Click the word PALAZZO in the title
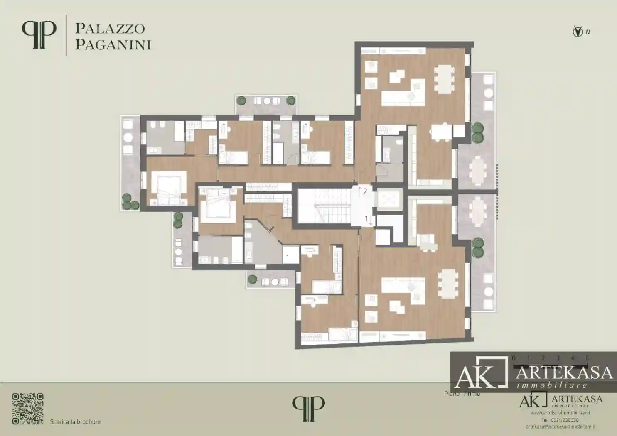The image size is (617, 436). coord(110,29)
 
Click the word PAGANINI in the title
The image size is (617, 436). coord(113,44)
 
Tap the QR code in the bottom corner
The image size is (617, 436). coord(28,409)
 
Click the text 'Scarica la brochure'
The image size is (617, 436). coord(75,421)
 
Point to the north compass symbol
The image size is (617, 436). coord(578,32)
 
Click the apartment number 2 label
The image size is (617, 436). coord(365,191)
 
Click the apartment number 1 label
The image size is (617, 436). coord(366,218)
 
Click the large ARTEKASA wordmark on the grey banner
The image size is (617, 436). coord(564,372)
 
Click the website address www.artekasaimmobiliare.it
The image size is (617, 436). coord(560,413)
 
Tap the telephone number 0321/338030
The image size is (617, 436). coord(564,420)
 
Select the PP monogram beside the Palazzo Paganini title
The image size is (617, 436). coord(39,34)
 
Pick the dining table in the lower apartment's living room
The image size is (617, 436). coord(447,284)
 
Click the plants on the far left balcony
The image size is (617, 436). coord(130,202)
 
